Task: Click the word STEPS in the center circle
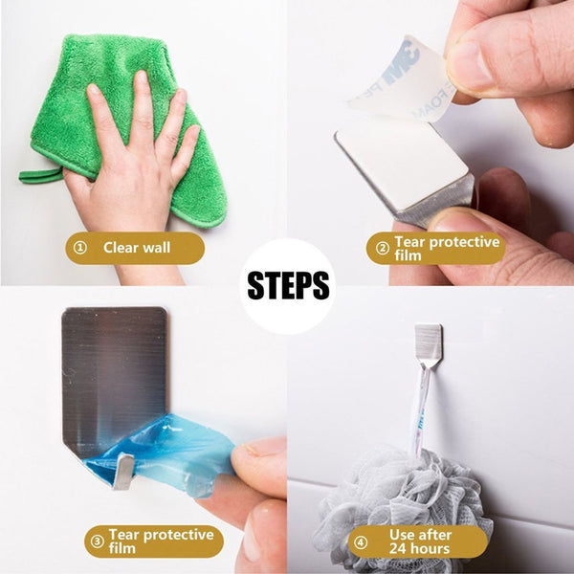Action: pyautogui.click(x=288, y=286)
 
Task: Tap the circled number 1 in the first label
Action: pyautogui.click(x=80, y=249)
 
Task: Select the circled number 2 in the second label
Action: pyautogui.click(x=382, y=249)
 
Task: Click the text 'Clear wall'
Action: pyautogui.click(x=137, y=249)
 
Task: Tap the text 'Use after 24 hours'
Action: pyautogui.click(x=420, y=541)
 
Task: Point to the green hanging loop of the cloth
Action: pyautogui.click(x=40, y=175)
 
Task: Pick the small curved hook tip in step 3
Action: pyautogui.click(x=123, y=471)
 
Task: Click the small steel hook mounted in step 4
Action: pyautogui.click(x=429, y=344)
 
